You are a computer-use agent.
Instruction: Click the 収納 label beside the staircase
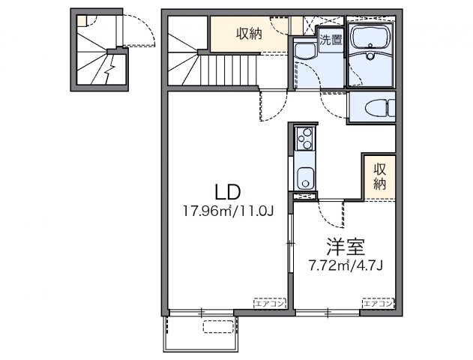coord(250,32)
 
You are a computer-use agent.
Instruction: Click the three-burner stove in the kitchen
coord(305,138)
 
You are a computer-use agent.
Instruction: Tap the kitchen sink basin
coord(305,178)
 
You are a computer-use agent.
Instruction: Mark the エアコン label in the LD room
coord(269,304)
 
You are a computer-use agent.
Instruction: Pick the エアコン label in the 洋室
coord(378,304)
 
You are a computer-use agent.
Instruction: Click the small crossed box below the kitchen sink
coord(305,196)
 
